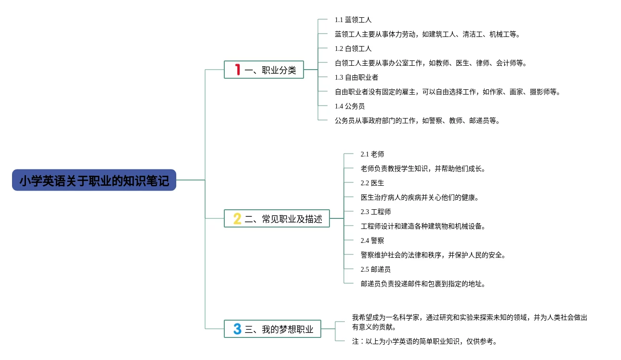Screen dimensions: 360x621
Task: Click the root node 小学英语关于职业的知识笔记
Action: [x=94, y=180]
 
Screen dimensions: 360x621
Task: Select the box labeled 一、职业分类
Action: [x=264, y=70]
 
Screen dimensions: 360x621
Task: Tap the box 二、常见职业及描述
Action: [x=277, y=219]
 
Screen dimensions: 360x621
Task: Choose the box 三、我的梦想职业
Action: [x=272, y=329]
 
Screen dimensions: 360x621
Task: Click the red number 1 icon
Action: [x=237, y=70]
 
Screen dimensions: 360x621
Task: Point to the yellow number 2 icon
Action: [x=237, y=219]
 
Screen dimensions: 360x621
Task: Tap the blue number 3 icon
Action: [x=237, y=329]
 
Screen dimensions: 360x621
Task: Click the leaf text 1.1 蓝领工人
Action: [x=353, y=20]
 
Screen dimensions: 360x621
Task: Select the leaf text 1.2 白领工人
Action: [x=353, y=48]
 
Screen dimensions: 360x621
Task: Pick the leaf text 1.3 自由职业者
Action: [x=356, y=77]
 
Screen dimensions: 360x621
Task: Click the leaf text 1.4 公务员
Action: [x=350, y=106]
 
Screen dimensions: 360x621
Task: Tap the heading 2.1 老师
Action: [x=372, y=154]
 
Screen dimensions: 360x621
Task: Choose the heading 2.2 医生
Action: [x=372, y=183]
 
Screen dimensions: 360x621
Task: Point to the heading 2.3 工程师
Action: [x=376, y=212]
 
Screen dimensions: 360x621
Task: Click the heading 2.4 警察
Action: [x=372, y=240]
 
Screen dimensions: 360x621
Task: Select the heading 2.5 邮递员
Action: [x=376, y=269]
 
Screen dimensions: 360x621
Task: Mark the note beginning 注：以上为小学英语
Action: [x=424, y=341]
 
